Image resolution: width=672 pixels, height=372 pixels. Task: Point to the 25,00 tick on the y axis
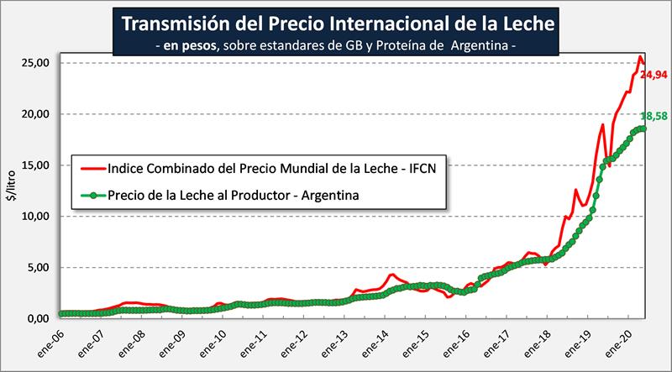38,63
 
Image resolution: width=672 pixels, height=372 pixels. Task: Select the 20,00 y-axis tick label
38,114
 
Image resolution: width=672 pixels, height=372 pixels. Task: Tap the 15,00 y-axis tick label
38,165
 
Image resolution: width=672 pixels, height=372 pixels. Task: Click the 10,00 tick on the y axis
38,217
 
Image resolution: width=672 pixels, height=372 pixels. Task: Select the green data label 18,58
654,116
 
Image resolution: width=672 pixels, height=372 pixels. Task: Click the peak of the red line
640,57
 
